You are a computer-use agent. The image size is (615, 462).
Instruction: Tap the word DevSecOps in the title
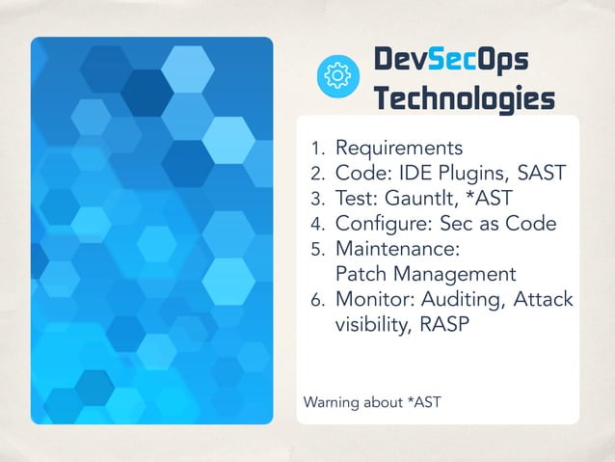point(451,61)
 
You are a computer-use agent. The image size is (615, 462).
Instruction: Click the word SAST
point(533,174)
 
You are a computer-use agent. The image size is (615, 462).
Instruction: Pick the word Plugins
point(463,175)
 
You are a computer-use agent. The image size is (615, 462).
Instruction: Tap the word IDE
point(409,174)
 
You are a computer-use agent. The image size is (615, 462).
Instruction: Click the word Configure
point(376,224)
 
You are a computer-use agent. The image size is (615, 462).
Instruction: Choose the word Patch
point(359,274)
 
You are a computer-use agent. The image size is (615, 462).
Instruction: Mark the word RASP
point(445,325)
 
